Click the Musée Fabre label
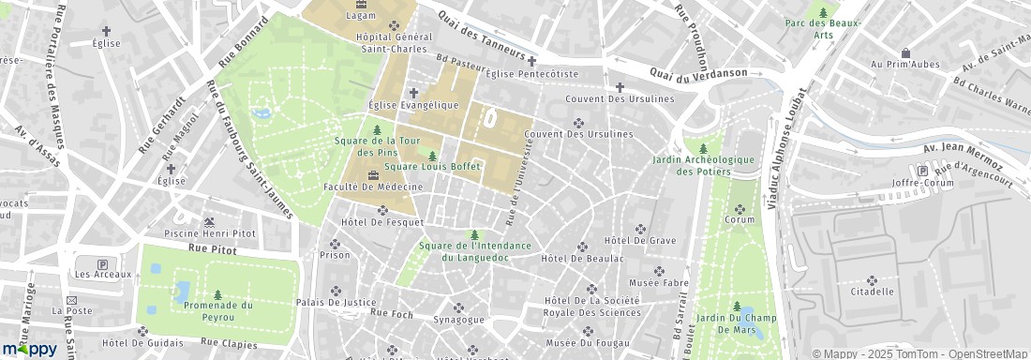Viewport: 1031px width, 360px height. point(657,282)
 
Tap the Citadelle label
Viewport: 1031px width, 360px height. point(871,292)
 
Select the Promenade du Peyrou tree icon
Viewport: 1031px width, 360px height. point(217,294)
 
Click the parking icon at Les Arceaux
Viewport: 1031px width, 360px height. point(102,264)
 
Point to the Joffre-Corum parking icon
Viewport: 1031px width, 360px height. point(921,172)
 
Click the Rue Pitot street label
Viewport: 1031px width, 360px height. point(210,249)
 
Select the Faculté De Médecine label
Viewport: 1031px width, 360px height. point(373,187)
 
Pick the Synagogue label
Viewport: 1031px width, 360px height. point(458,320)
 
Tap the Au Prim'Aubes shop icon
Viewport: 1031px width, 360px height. point(904,53)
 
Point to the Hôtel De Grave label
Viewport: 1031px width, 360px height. point(641,241)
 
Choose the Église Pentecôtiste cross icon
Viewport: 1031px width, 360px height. point(531,61)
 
